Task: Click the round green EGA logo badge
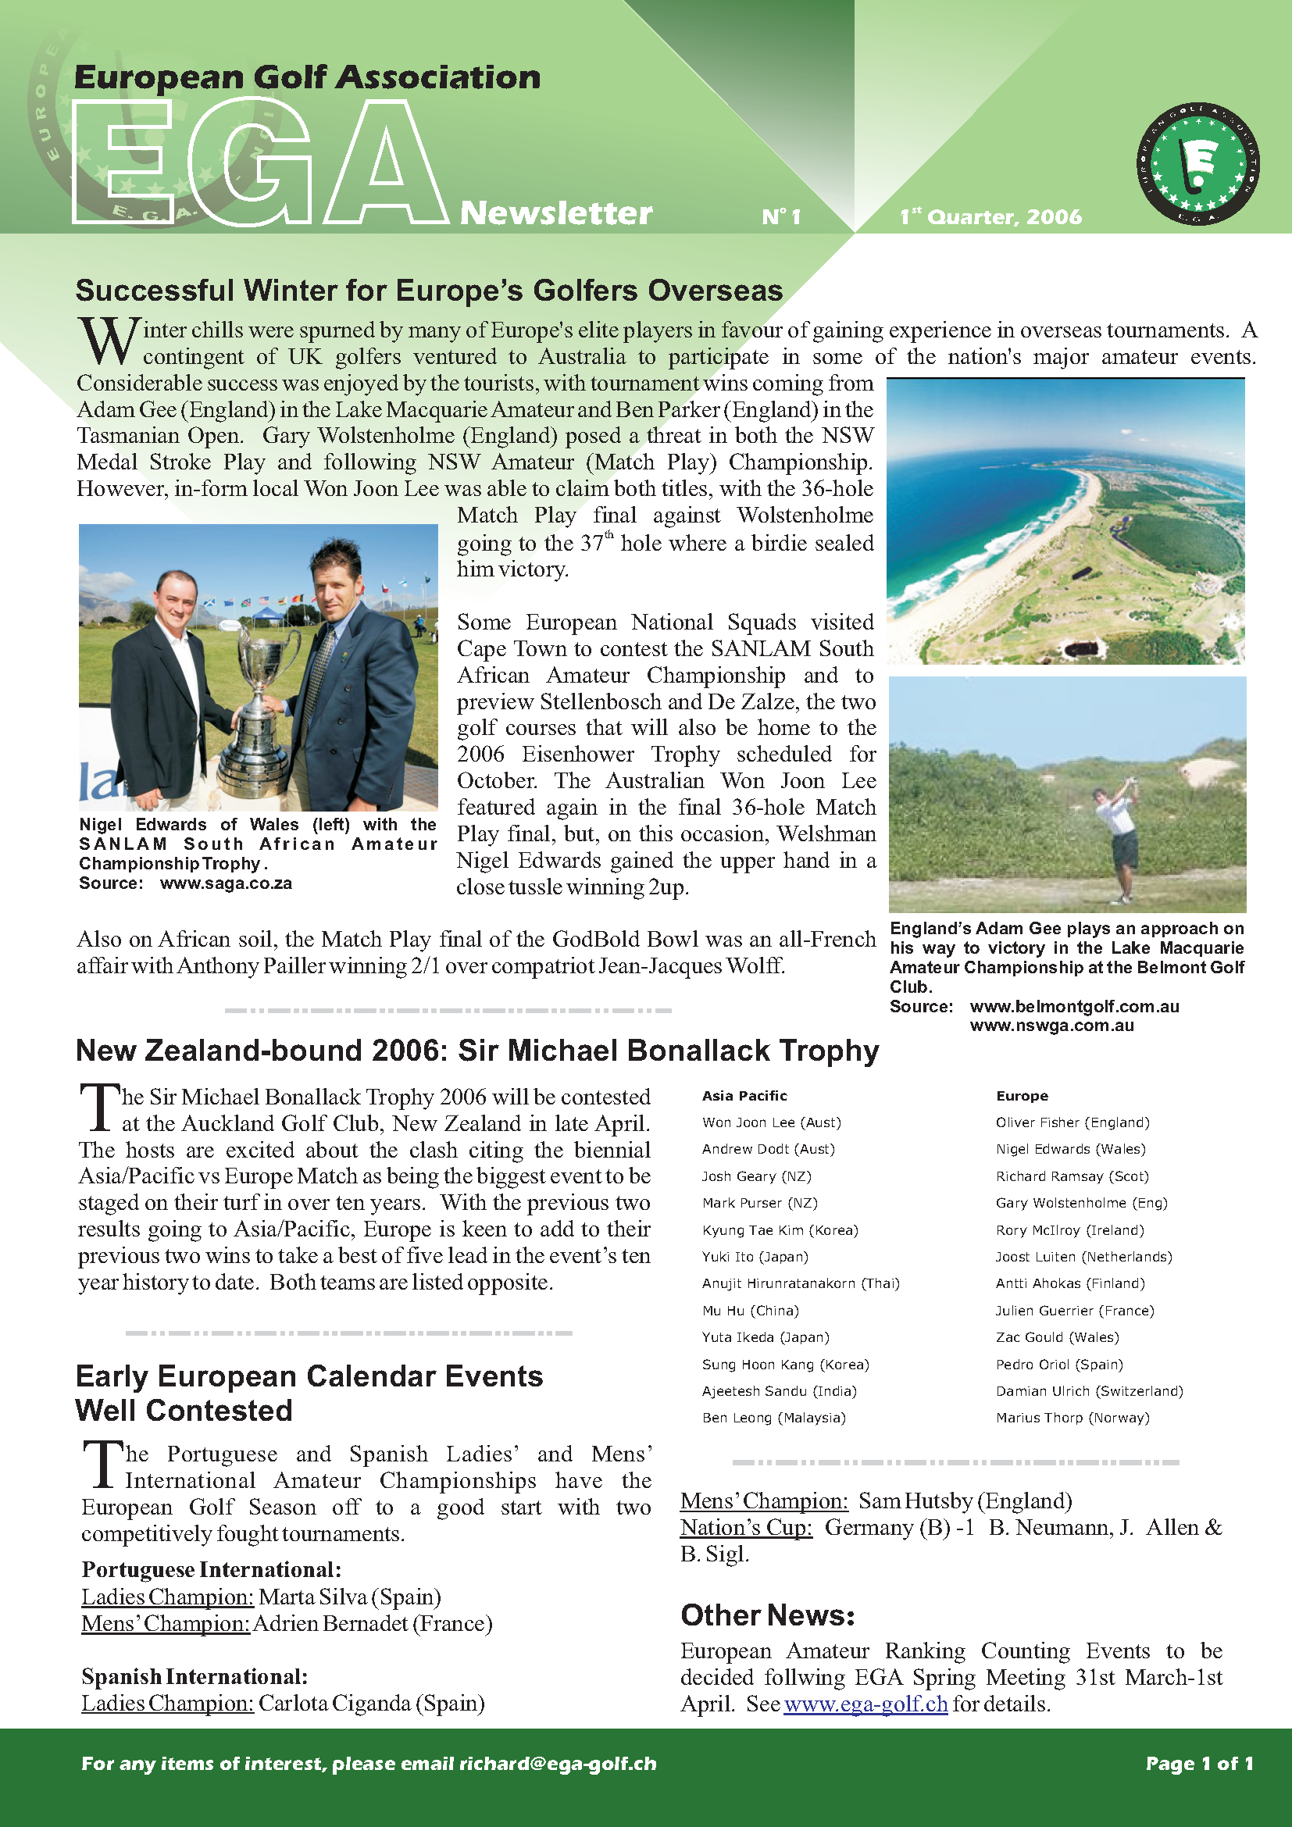[1197, 164]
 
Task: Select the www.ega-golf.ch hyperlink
[865, 1704]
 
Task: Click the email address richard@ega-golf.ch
[558, 1764]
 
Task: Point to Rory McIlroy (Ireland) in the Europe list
[1070, 1230]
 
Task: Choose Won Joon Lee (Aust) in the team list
[771, 1122]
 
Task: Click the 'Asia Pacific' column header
[744, 1096]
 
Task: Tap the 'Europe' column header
[1023, 1096]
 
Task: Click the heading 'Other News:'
[768, 1615]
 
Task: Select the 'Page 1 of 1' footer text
[1200, 1764]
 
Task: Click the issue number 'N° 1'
[781, 216]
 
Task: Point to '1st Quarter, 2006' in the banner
[990, 216]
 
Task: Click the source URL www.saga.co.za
[226, 883]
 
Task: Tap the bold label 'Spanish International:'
[195, 1676]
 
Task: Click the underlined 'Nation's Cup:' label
[746, 1528]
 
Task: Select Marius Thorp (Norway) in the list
[1073, 1418]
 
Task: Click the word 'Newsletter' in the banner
[556, 212]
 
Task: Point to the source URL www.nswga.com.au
[1051, 1026]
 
